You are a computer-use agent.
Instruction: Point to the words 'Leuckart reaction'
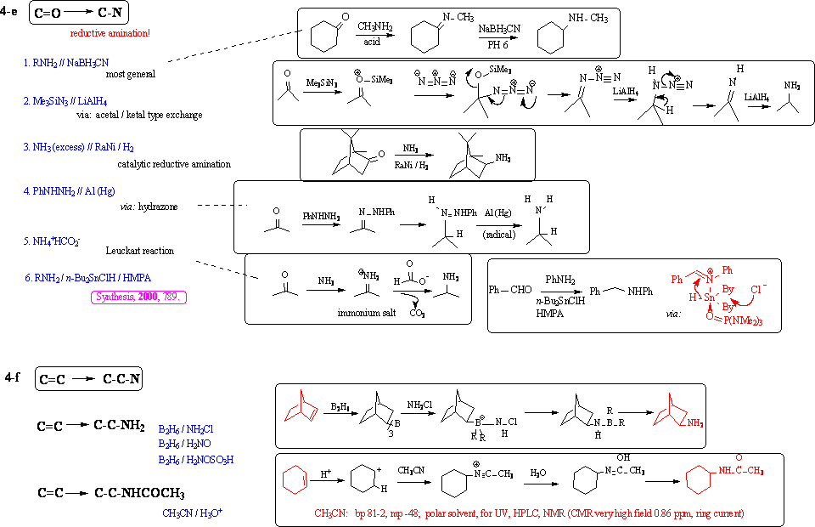point(140,251)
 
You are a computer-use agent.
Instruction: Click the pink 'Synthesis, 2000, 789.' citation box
point(139,297)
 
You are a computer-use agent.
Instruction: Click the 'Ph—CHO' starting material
point(510,290)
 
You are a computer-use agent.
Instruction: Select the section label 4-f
point(11,377)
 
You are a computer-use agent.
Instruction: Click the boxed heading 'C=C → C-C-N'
point(88,379)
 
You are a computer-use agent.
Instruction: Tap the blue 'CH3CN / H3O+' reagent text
point(194,513)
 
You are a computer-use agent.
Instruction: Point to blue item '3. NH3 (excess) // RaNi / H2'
point(84,147)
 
